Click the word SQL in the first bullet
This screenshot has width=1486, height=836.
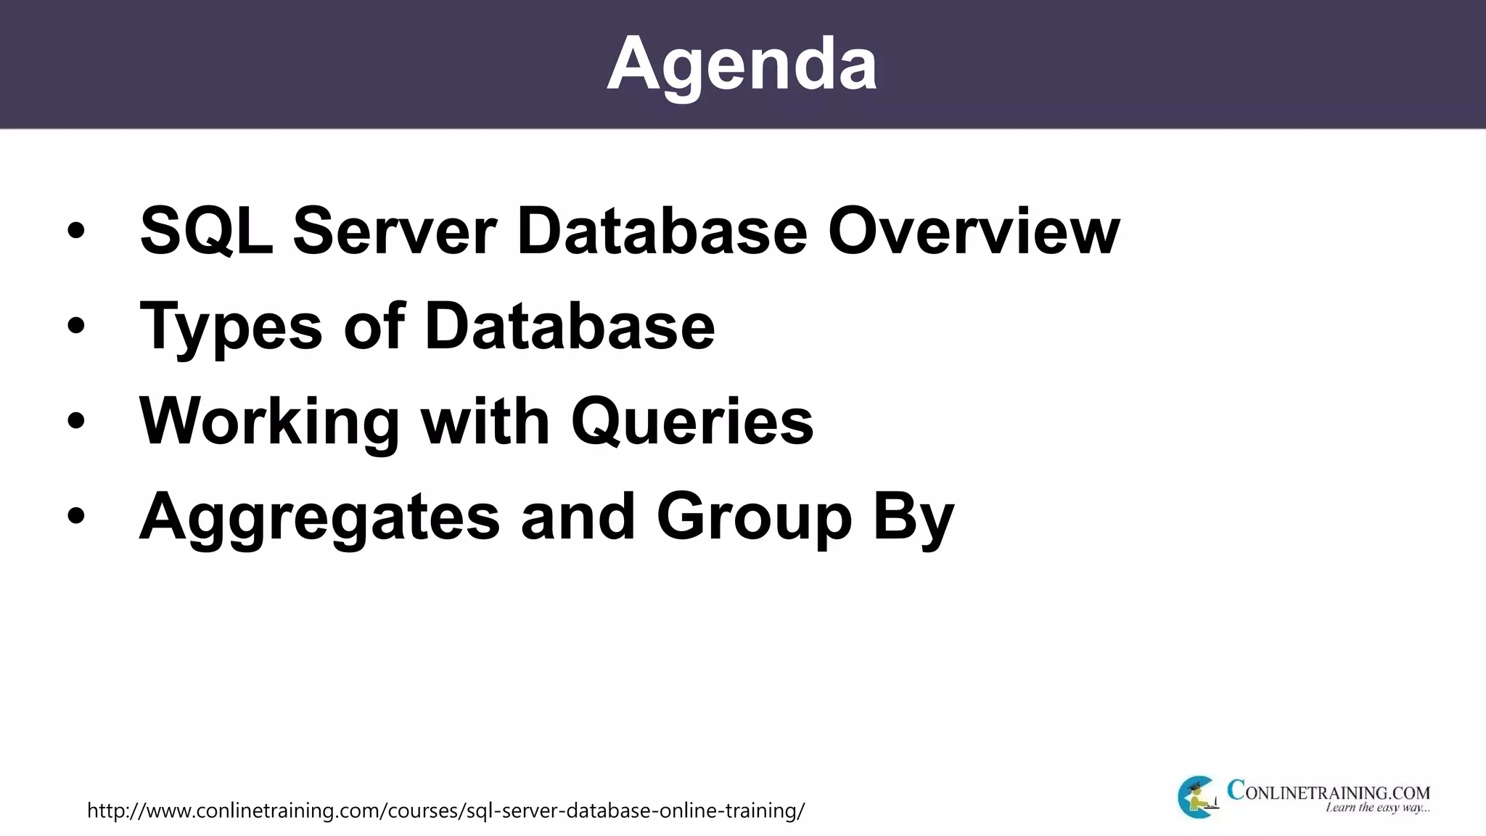click(x=207, y=231)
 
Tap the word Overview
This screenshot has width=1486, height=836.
click(x=974, y=231)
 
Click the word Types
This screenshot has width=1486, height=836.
click(x=231, y=327)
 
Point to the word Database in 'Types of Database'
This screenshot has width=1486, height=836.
click(x=570, y=326)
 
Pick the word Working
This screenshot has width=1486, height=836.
click(x=269, y=423)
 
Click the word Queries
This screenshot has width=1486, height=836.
click(x=692, y=423)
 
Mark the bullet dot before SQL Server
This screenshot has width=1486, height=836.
click(x=75, y=231)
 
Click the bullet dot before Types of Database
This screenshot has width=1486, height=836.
click(x=75, y=327)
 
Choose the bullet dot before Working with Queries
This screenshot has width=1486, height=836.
click(x=75, y=422)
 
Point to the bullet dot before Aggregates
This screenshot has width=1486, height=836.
click(x=75, y=517)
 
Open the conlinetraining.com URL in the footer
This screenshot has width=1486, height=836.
click(x=446, y=810)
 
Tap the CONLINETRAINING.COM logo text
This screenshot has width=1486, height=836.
click(x=1328, y=791)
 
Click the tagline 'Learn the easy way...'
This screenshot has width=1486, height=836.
click(x=1377, y=808)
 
